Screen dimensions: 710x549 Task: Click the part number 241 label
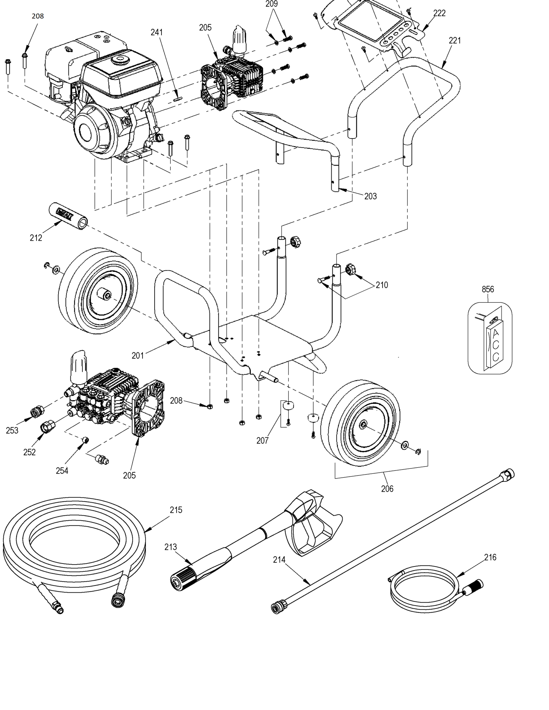coord(157,32)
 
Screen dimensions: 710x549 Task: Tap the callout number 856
coord(488,289)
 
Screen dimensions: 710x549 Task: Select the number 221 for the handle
coord(454,40)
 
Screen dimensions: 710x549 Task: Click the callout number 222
coord(439,13)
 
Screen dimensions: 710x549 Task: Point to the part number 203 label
coord(370,196)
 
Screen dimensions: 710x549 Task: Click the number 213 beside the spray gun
coord(171,547)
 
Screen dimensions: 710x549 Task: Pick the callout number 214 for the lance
coord(279,559)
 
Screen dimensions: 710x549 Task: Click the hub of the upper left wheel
coord(104,294)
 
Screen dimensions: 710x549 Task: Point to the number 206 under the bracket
coord(387,489)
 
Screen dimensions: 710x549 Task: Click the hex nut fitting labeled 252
coord(47,425)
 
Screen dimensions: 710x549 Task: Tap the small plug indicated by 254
coord(86,440)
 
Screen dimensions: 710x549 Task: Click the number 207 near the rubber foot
coord(262,440)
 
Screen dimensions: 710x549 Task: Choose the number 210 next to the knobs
coord(381,285)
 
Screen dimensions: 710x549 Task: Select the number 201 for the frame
coord(138,355)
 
